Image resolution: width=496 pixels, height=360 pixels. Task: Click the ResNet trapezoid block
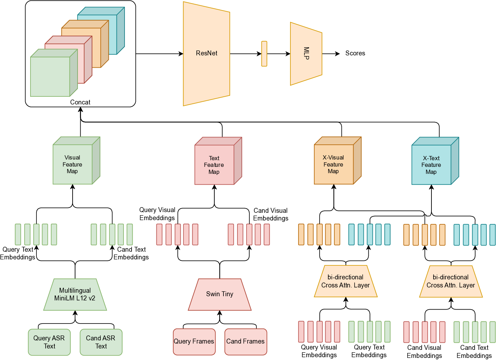(x=206, y=54)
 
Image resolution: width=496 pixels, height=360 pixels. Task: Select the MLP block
(x=306, y=54)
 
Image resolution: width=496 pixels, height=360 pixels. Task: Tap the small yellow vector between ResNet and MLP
(x=264, y=54)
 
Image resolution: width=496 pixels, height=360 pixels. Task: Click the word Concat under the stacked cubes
(x=80, y=102)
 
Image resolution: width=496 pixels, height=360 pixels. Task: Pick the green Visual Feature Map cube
(x=73, y=164)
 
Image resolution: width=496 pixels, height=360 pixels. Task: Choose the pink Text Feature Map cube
(x=214, y=165)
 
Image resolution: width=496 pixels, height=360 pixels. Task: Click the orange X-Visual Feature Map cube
(x=334, y=164)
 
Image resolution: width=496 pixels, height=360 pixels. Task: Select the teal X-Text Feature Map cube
(x=431, y=165)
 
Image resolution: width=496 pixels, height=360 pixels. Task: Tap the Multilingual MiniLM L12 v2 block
(x=75, y=294)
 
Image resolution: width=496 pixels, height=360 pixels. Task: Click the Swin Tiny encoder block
(x=220, y=294)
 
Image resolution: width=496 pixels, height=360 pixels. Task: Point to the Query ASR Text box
(x=49, y=342)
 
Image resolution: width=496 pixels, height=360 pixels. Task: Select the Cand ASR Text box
(x=101, y=342)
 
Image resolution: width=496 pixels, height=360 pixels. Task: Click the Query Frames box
(x=194, y=341)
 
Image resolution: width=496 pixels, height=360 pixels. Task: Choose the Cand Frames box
(x=246, y=341)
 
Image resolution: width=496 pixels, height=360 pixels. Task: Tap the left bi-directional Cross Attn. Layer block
(x=346, y=281)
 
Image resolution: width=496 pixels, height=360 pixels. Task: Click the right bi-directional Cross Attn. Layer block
(x=451, y=281)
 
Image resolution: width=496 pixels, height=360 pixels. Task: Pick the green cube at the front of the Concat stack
(x=50, y=76)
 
